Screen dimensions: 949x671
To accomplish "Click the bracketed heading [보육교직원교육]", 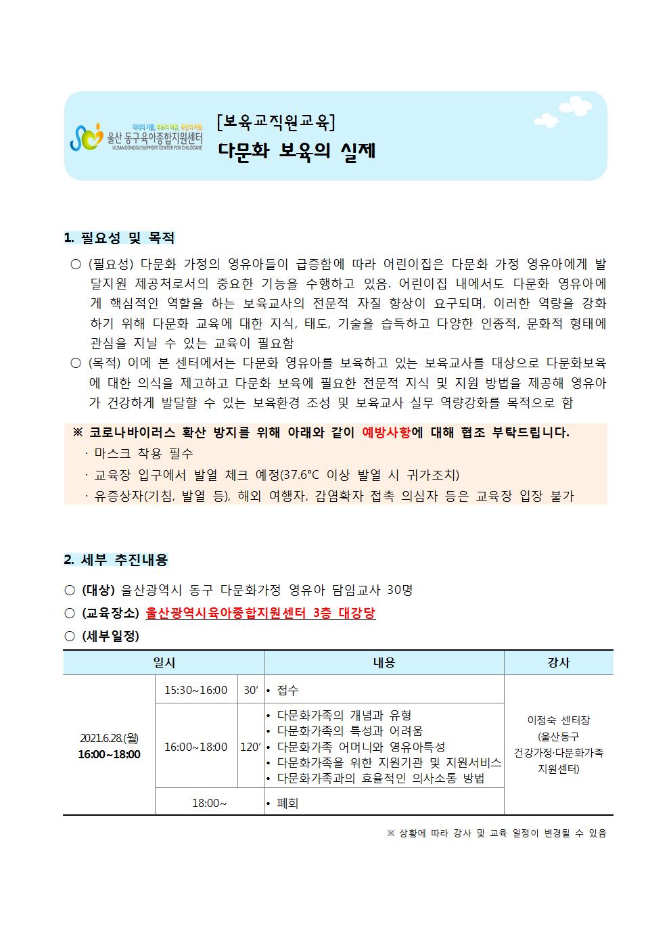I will click(x=275, y=122).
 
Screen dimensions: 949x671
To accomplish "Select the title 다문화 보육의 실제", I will click(x=296, y=150).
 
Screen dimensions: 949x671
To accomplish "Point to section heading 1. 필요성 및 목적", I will click(x=119, y=238).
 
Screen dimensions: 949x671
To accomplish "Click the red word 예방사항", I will click(x=386, y=433).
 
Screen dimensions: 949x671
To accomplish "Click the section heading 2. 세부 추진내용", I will click(x=116, y=560).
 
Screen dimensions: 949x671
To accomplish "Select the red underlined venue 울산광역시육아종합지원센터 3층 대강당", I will click(x=260, y=613).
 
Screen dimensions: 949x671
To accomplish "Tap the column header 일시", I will click(x=164, y=663).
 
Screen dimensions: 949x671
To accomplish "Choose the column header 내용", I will click(x=384, y=663).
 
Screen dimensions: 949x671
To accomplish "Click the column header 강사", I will click(x=559, y=663).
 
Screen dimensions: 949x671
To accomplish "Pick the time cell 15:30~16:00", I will click(x=196, y=690).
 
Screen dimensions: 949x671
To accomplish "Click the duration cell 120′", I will click(x=250, y=747).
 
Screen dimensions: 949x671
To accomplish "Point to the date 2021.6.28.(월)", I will click(x=109, y=738).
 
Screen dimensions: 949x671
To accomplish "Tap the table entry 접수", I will click(x=287, y=690).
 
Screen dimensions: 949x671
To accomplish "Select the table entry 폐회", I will click(x=287, y=803).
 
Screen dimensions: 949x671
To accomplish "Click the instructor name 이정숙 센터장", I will click(x=559, y=720).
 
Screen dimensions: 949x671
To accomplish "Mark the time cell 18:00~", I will click(x=209, y=803).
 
